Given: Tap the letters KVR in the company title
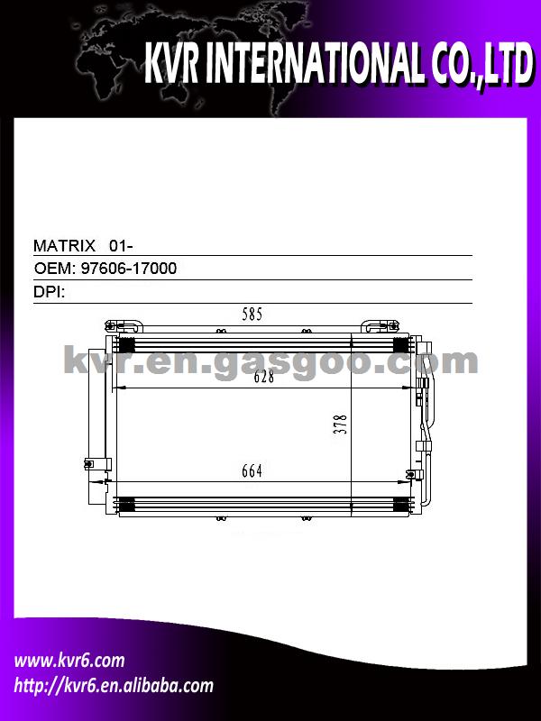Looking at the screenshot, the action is pos(170,63).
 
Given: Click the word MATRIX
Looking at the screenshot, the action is pos(64,245).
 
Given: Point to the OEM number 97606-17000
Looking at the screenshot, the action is pos(129,268).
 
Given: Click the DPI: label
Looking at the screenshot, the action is pos(50,291).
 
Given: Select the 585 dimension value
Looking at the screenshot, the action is pos(252,314).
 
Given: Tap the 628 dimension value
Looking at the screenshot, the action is pos(264,377).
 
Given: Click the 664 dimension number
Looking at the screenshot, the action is pos(252,470).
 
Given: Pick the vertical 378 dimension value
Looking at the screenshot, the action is pos(340,424).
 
